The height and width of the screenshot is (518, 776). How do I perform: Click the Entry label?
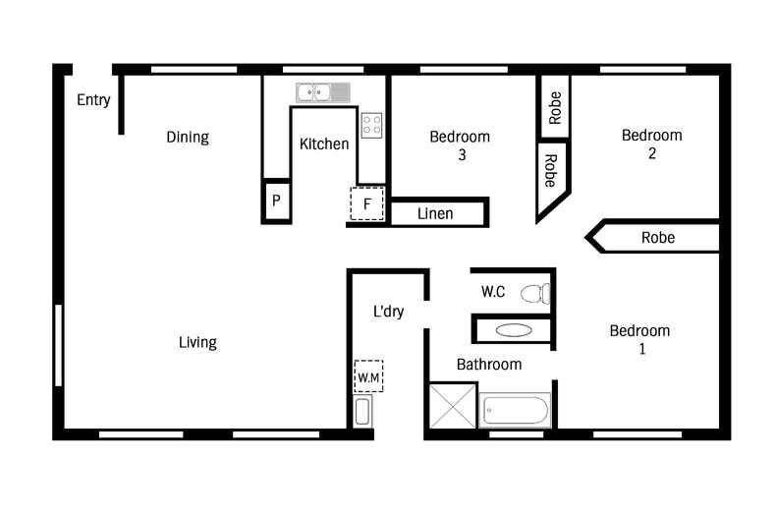click(x=93, y=100)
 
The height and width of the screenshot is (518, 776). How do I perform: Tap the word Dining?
click(x=188, y=138)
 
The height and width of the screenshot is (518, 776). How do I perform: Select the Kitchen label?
click(x=324, y=144)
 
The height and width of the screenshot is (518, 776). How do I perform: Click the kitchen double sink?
click(x=322, y=92)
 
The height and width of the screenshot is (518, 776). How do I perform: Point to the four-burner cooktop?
click(x=371, y=125)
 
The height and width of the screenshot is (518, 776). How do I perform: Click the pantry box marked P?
click(x=277, y=201)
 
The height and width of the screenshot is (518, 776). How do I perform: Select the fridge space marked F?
click(x=367, y=203)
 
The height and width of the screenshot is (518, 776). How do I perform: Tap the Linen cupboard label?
click(x=435, y=214)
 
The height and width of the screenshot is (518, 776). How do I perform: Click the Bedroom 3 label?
click(x=461, y=145)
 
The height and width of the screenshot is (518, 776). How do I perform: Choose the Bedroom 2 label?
click(x=652, y=144)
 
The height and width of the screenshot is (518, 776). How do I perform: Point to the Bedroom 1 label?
click(x=639, y=340)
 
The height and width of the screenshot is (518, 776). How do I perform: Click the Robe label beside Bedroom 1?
click(x=658, y=238)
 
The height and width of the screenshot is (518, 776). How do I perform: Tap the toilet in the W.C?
click(x=535, y=294)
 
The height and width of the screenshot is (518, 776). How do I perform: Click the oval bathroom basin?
click(x=514, y=330)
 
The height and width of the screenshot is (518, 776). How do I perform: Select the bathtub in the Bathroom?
click(x=515, y=410)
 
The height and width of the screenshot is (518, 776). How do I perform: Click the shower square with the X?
click(x=452, y=406)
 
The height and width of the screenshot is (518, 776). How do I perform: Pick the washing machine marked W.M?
click(x=368, y=376)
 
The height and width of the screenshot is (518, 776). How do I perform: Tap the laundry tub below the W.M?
click(x=362, y=412)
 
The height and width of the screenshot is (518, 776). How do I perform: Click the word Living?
click(x=198, y=343)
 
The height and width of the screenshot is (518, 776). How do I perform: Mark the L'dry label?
click(x=389, y=312)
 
